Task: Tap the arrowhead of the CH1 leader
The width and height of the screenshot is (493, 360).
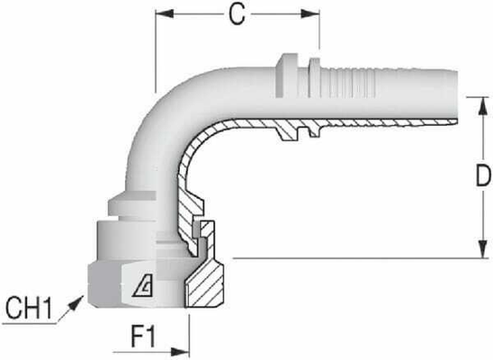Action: tap(83, 301)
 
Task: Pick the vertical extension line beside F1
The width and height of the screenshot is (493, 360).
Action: tap(189, 333)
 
